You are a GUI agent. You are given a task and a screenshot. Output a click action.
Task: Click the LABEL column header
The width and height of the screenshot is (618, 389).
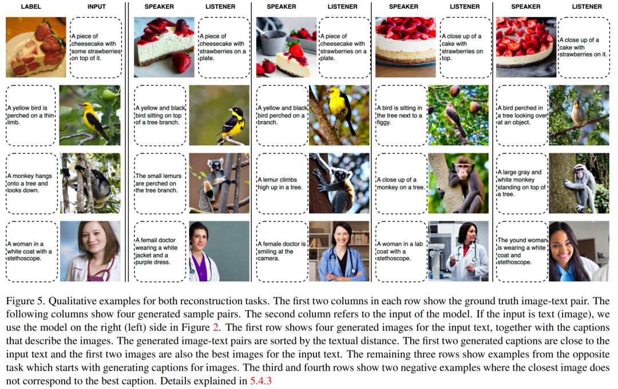pos(31,7)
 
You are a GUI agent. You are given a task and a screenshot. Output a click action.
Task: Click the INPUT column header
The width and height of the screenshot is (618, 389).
pos(97,7)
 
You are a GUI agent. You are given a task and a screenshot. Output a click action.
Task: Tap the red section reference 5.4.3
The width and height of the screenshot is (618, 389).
pos(261,381)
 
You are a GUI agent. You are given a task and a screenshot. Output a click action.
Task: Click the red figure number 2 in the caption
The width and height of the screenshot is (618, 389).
pos(216,327)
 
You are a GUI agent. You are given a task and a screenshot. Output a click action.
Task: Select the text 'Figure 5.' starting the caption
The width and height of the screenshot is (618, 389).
pos(25,301)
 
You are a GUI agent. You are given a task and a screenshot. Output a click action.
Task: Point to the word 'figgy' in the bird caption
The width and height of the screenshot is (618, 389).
pos(383,122)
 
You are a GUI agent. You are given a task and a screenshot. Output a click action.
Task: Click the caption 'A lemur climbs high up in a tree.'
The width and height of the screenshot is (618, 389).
pos(280,183)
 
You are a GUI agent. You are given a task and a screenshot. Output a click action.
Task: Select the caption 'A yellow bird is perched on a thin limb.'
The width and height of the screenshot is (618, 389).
pos(30,115)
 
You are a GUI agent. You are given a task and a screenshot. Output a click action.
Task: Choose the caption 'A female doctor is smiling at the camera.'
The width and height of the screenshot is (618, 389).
pos(282,251)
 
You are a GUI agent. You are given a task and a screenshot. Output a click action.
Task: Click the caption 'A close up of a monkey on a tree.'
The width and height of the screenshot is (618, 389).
pos(401,183)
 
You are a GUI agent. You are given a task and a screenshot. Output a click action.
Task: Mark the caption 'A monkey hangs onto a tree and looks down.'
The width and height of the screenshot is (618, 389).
pos(30,183)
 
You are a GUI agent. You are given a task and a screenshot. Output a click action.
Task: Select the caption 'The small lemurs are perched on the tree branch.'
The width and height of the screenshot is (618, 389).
pos(159,183)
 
